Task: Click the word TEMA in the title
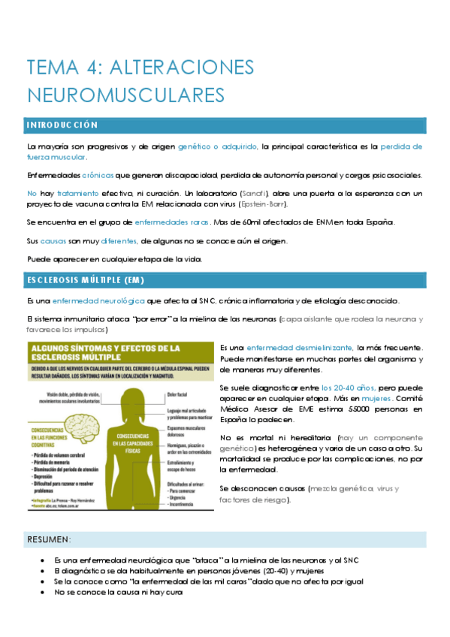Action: [51, 68]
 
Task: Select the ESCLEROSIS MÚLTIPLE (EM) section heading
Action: [85, 281]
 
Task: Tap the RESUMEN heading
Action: [49, 539]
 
